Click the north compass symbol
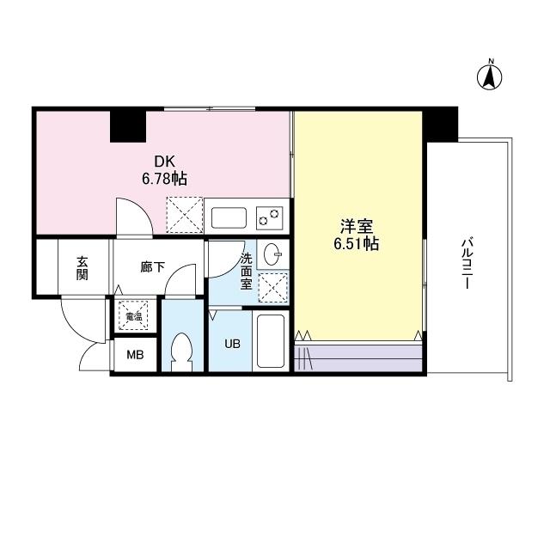click(x=490, y=76)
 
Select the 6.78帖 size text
click(x=164, y=179)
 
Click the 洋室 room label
click(x=357, y=227)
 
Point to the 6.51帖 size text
click(x=357, y=244)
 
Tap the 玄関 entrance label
click(x=82, y=267)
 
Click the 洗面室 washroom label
click(x=246, y=271)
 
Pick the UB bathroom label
click(x=232, y=344)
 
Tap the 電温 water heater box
click(x=133, y=316)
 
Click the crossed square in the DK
click(x=182, y=215)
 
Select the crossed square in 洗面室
click(x=273, y=290)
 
